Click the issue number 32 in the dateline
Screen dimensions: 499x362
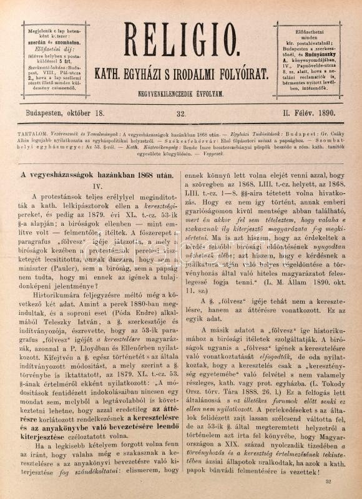(x=181, y=114)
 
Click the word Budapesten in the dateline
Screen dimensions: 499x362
(x=47, y=113)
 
